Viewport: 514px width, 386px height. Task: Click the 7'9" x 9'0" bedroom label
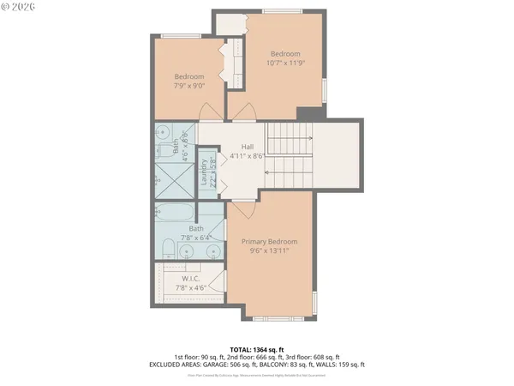189,81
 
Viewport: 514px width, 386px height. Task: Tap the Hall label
248,151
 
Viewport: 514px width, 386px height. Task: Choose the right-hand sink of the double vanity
212,251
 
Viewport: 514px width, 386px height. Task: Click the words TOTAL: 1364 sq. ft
255,349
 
